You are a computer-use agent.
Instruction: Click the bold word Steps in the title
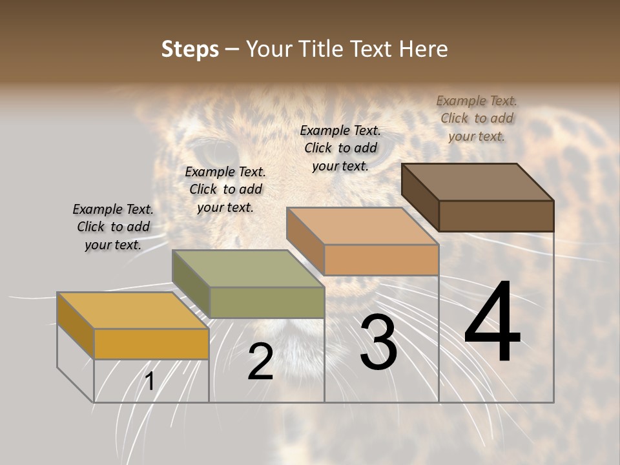(x=190, y=49)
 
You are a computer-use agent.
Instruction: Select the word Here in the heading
(x=423, y=49)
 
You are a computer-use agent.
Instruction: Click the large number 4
(x=492, y=323)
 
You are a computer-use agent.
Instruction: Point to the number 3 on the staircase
(x=378, y=342)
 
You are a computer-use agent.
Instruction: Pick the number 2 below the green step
(x=260, y=362)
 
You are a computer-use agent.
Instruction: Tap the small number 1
(x=150, y=382)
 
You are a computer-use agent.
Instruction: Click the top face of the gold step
(x=132, y=311)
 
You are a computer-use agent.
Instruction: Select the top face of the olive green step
(x=248, y=269)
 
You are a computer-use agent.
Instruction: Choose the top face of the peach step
(x=362, y=226)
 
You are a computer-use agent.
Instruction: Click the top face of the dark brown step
(x=478, y=182)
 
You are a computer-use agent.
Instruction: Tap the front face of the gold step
(x=151, y=344)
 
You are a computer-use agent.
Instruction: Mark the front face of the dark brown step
(x=496, y=216)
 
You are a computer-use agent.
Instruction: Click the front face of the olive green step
(x=267, y=302)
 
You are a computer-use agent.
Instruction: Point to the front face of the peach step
(x=381, y=260)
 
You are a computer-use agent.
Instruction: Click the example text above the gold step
(x=113, y=227)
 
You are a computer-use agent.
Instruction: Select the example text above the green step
(x=225, y=190)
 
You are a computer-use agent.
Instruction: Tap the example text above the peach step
(x=340, y=148)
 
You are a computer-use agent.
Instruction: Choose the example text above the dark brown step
(x=477, y=118)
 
